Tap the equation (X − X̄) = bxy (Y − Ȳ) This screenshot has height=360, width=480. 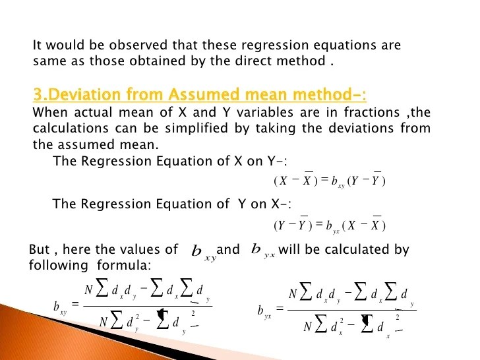[x=329, y=181]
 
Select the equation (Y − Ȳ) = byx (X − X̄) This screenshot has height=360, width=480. [x=329, y=225]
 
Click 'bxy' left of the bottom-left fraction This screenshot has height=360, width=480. [x=59, y=307]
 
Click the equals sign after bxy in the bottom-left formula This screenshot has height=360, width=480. [x=75, y=304]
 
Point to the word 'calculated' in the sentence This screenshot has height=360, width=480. [x=353, y=250]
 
